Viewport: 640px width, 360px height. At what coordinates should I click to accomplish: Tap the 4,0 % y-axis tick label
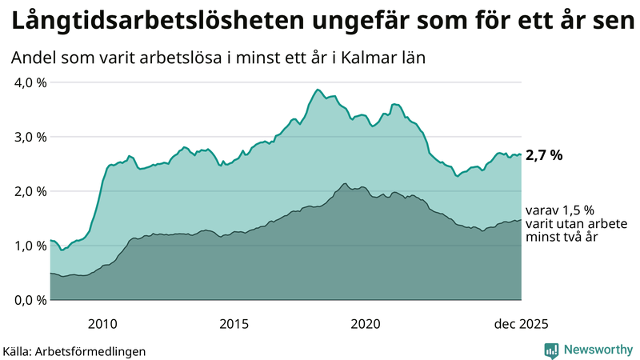[30, 82]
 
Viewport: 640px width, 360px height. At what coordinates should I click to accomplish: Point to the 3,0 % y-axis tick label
[30, 137]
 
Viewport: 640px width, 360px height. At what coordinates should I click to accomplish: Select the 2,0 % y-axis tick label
[30, 191]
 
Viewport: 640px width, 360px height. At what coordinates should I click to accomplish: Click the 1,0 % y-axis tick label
[30, 246]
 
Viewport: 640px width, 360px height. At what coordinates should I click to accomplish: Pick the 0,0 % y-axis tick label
[30, 300]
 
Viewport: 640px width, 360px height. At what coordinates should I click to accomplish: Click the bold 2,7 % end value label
[544, 155]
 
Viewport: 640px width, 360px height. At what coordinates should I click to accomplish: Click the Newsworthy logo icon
[551, 350]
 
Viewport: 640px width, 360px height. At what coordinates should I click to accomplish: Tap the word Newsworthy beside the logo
[598, 350]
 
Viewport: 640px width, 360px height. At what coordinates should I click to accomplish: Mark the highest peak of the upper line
[318, 90]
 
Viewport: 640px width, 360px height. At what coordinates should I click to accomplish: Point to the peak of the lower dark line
[345, 184]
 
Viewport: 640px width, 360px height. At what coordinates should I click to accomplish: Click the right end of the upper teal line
[521, 154]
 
